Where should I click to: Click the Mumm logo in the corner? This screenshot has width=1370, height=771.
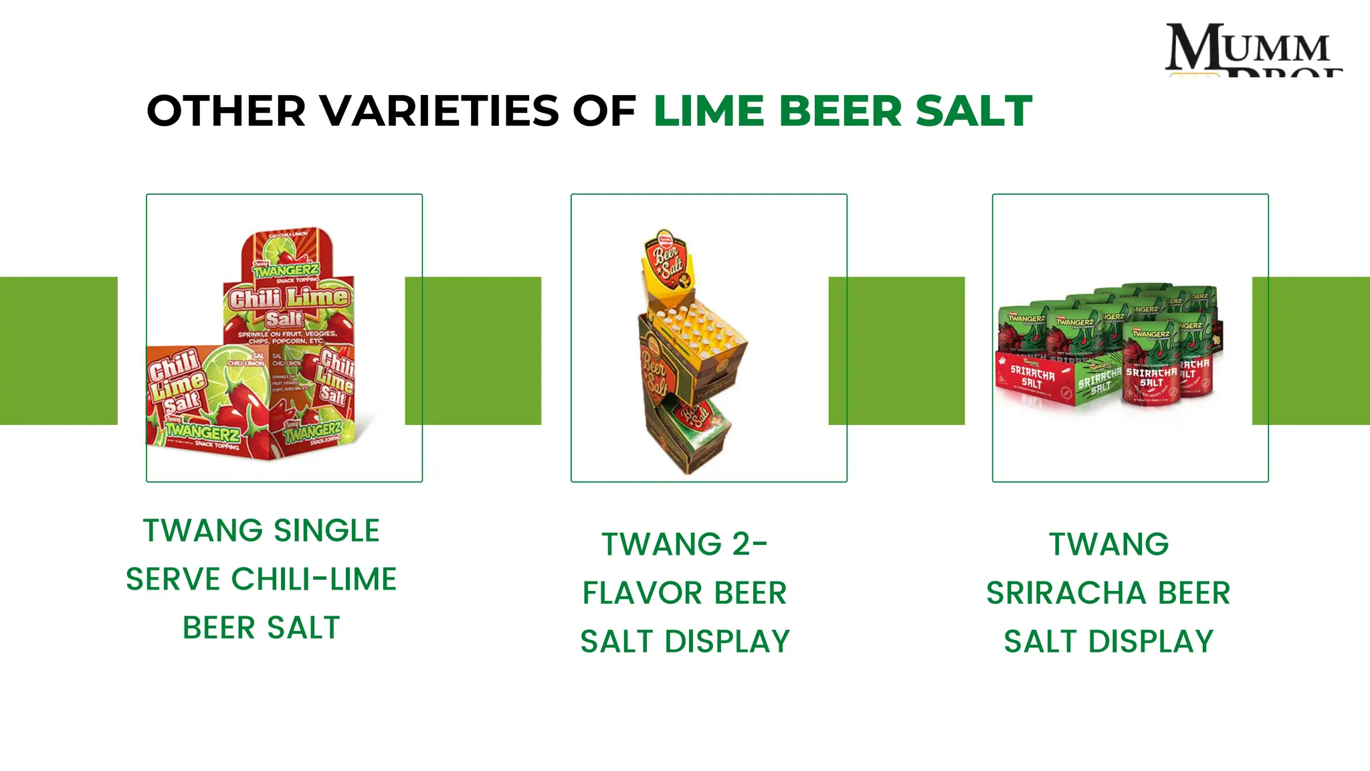(1252, 48)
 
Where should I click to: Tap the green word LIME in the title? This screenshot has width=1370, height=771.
(708, 111)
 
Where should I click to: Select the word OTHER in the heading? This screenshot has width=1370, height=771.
(226, 111)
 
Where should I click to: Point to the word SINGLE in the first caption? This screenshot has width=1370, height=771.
(327, 531)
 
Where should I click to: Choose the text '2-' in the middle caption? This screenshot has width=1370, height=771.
(749, 544)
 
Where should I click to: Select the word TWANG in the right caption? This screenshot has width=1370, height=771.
(1108, 544)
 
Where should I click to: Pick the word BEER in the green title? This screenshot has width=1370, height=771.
(840, 111)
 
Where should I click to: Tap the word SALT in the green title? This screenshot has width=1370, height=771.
(973, 111)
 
